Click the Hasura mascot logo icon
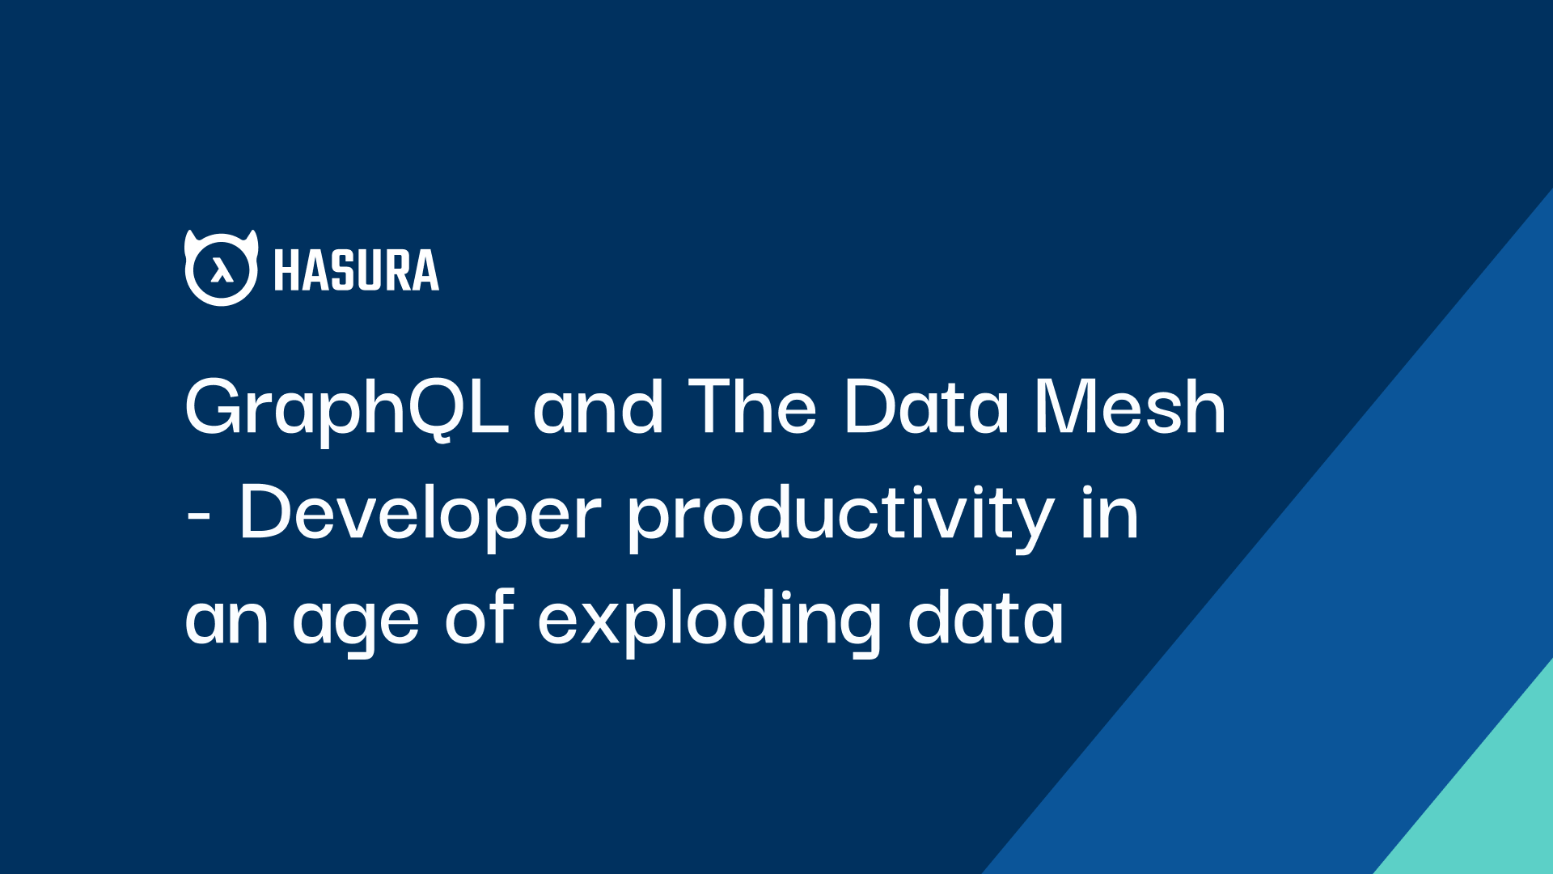[222, 268]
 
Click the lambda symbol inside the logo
[222, 270]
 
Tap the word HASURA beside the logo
[357, 270]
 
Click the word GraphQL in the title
[347, 409]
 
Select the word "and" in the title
[599, 407]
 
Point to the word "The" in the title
[752, 407]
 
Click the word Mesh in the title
[1130, 407]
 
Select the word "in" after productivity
[1110, 511]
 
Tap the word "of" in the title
[480, 617]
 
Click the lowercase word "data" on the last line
[985, 617]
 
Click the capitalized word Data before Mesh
[926, 407]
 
